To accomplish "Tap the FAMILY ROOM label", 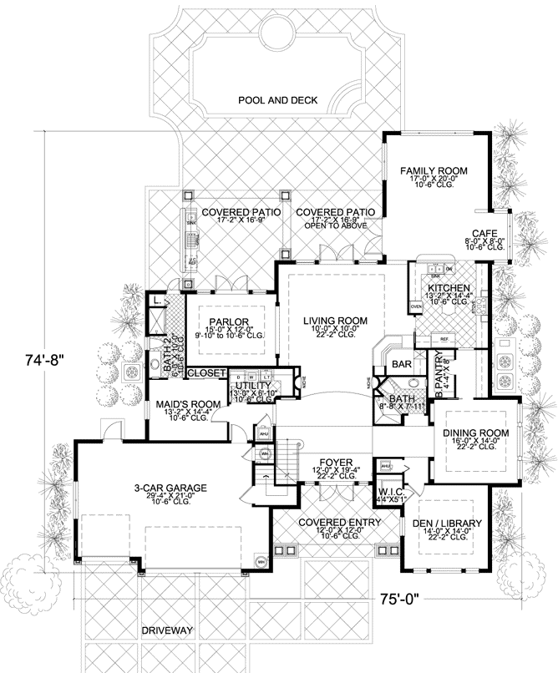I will pyautogui.click(x=432, y=170).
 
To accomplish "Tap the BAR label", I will pyautogui.click(x=402, y=365).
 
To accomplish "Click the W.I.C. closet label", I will pyautogui.click(x=392, y=493).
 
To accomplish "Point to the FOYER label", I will pyautogui.click(x=334, y=461).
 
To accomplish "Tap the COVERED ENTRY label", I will pyautogui.click(x=334, y=522).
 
